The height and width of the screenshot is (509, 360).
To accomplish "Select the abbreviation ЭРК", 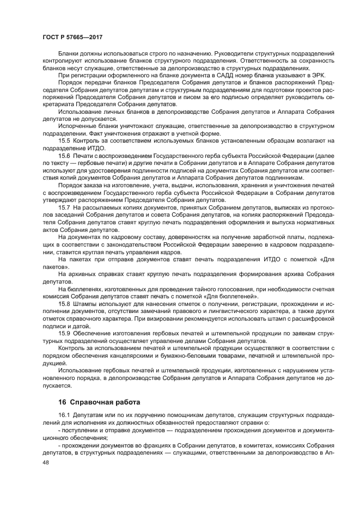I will pos(317,75).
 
